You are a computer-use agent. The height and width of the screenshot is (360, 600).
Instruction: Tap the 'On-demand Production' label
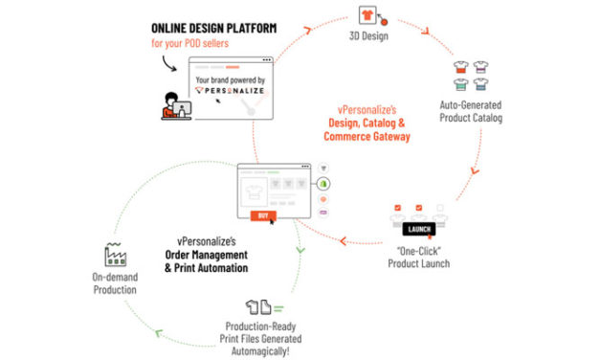[x=116, y=285]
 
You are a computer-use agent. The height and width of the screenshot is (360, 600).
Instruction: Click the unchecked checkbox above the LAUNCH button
[x=439, y=208]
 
